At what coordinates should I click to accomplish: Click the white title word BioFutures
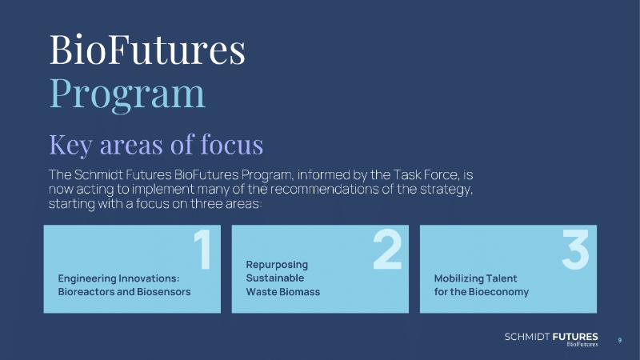pyautogui.click(x=147, y=50)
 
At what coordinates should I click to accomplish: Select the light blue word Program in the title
pyautogui.click(x=127, y=94)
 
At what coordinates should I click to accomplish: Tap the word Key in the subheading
pyautogui.click(x=70, y=145)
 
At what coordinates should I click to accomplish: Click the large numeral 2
pyautogui.click(x=387, y=250)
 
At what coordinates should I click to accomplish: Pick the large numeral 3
pyautogui.click(x=575, y=250)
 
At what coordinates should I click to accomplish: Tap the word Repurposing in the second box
pyautogui.click(x=277, y=265)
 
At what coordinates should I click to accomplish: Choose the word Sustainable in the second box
pyautogui.click(x=274, y=278)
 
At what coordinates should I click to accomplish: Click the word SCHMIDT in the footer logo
pyautogui.click(x=527, y=337)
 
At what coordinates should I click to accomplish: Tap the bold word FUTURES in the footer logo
pyautogui.click(x=575, y=337)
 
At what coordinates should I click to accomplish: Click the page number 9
pyautogui.click(x=619, y=340)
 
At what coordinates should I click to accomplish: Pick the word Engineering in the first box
pyautogui.click(x=87, y=278)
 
